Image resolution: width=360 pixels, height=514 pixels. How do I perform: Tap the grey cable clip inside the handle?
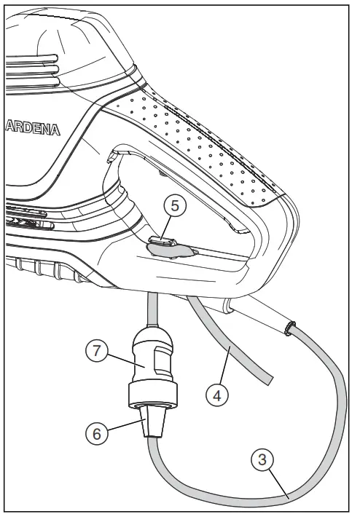coord(171,248)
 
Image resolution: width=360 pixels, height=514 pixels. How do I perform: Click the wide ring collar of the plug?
coord(153,395)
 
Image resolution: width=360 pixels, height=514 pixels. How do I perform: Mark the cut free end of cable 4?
coord(267,378)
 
